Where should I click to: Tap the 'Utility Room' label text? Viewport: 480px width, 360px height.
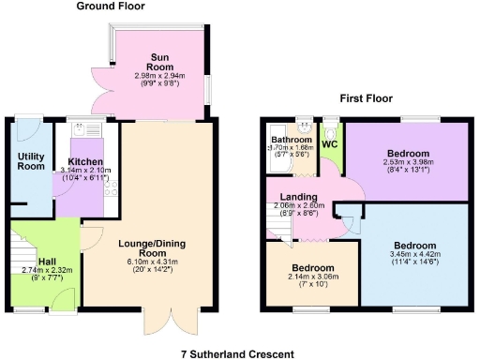coord(31,160)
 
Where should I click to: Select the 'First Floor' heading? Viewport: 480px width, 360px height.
coord(366,97)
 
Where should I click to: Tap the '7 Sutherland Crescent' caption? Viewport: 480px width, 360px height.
coord(239,353)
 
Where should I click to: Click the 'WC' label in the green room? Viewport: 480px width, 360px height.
coord(329,146)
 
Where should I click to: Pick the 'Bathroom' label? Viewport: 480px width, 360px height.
coord(291,140)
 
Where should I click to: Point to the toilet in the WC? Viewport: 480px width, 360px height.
coord(330,127)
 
